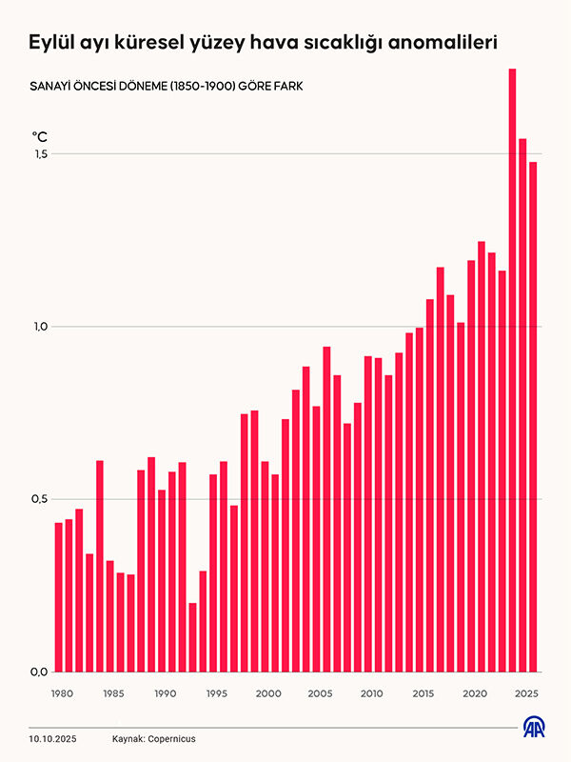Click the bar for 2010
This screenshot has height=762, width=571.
pos(368,513)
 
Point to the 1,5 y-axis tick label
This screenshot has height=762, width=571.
pos(40,154)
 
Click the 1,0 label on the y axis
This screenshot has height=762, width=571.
pos(40,327)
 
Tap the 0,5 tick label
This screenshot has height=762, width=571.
pos(40,499)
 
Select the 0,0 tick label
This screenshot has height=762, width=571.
pos(40,672)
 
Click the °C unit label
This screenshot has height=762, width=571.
pos(40,137)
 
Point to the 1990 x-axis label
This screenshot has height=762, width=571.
pos(164,693)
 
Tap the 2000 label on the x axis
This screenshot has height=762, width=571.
pos(267,693)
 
